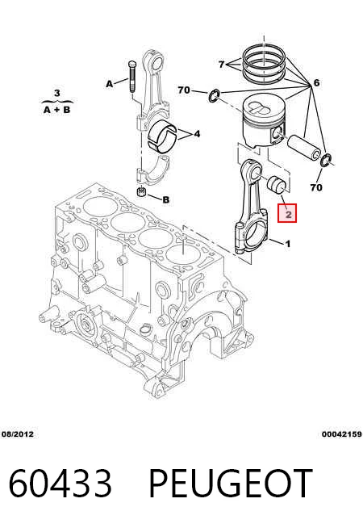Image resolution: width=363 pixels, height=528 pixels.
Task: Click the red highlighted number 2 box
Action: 287,213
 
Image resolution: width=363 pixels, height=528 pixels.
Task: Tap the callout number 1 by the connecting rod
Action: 288,244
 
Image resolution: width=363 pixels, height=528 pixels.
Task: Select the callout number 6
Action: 316,82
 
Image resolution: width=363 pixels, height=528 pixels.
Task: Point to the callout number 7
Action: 221,64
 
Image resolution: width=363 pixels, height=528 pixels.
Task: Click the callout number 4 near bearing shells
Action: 197,134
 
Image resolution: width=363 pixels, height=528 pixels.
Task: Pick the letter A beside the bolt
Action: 110,84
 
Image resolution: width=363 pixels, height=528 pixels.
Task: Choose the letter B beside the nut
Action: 166,199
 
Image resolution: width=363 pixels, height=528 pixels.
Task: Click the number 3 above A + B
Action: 56,93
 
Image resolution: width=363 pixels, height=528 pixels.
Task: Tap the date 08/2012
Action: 18,434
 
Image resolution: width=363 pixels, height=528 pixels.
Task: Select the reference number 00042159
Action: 342,434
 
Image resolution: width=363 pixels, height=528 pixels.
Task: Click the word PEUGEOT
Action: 230,483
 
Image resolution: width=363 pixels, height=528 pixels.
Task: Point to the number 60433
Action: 60,483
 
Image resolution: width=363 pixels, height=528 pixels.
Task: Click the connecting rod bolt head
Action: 131,64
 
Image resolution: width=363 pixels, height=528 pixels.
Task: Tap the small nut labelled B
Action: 142,193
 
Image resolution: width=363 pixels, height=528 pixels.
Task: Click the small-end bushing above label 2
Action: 277,183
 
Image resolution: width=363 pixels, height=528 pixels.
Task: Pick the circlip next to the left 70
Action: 214,95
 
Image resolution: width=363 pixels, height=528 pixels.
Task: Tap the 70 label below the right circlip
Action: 316,187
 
